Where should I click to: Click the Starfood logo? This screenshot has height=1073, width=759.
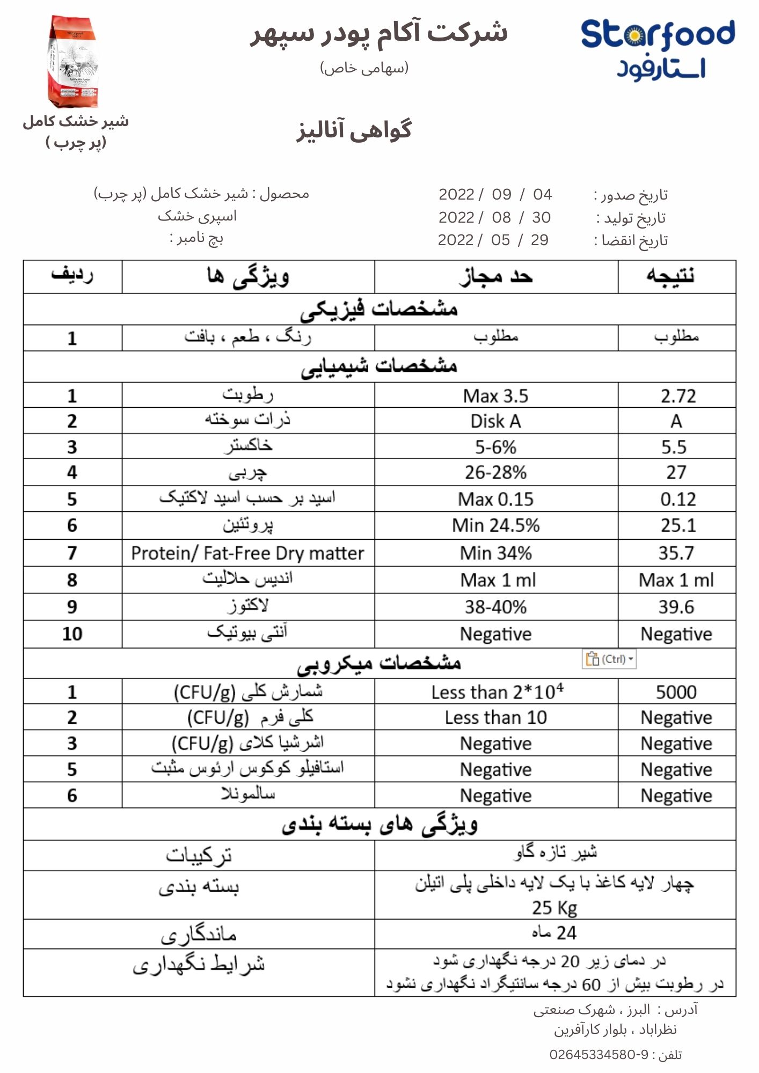tap(658, 48)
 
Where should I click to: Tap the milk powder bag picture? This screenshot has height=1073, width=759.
tap(74, 62)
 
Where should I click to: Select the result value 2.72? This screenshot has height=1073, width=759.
tap(678, 396)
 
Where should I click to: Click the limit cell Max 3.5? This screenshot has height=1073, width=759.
tap(495, 396)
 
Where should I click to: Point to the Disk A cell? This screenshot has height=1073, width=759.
tap(495, 421)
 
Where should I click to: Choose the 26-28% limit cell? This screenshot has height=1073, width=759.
tap(495, 473)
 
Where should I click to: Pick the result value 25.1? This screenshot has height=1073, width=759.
tap(678, 525)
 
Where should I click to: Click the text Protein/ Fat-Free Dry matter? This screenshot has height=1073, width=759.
tap(247, 553)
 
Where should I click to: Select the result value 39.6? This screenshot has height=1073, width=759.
tap(676, 607)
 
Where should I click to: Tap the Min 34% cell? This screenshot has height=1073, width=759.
tap(495, 553)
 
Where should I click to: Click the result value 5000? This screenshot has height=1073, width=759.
tap(676, 692)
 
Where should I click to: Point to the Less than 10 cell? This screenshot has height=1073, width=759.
tap(495, 718)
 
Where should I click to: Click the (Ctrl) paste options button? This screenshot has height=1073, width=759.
tap(609, 659)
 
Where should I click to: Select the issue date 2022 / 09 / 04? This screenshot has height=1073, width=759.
tap(495, 194)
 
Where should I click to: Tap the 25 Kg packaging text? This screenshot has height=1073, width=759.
tap(554, 908)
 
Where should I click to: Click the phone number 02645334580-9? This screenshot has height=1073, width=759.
tap(599, 1055)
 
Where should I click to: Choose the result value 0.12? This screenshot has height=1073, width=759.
tap(678, 499)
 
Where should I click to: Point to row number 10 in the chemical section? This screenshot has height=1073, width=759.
tap(72, 634)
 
